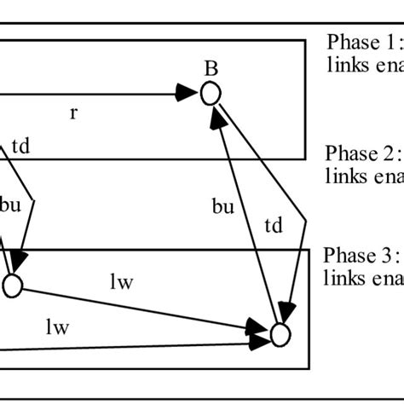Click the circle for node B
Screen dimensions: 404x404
click(211, 94)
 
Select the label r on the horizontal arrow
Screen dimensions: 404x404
click(74, 112)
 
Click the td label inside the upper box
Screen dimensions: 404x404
click(20, 146)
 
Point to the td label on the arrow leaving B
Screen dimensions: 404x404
click(273, 226)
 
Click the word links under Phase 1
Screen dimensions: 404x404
click(344, 63)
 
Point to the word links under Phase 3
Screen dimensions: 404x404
click(343, 277)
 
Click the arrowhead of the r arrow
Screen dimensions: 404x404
click(189, 94)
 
